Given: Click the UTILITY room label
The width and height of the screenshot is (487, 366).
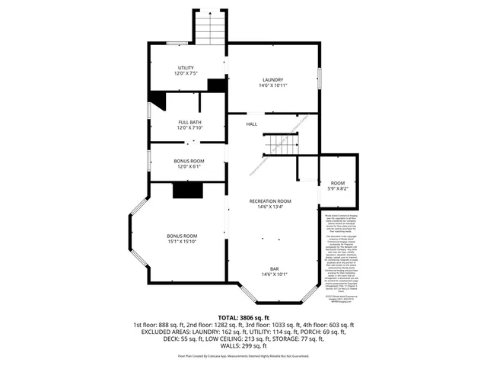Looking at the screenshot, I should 187,68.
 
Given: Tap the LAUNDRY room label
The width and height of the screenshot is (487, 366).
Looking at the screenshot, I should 272,80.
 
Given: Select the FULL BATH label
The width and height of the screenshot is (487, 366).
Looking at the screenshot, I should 189,122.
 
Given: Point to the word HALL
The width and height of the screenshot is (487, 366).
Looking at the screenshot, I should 251,124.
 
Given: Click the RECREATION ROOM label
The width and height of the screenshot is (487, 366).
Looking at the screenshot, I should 270,201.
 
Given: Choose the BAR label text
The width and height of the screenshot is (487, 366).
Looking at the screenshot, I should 274,268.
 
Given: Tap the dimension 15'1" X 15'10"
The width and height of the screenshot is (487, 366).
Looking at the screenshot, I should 183,242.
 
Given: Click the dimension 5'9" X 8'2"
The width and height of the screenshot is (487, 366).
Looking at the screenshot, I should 337,189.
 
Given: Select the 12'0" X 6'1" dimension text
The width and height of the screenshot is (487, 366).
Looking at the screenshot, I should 189,166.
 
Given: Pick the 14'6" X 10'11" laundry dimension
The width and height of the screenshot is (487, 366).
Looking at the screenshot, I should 272,86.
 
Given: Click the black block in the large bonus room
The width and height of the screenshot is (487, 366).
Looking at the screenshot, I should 186,191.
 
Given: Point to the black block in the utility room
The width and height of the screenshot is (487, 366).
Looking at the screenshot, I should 217,85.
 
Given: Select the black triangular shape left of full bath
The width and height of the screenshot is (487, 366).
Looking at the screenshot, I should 158,100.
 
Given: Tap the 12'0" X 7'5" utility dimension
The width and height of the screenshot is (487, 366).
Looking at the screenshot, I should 187,74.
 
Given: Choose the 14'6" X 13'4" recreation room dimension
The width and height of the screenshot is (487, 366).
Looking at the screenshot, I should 270,207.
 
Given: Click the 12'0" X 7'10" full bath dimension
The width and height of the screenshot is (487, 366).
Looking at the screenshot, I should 189,128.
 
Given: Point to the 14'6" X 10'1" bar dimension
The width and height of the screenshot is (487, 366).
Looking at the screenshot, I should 274,274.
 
